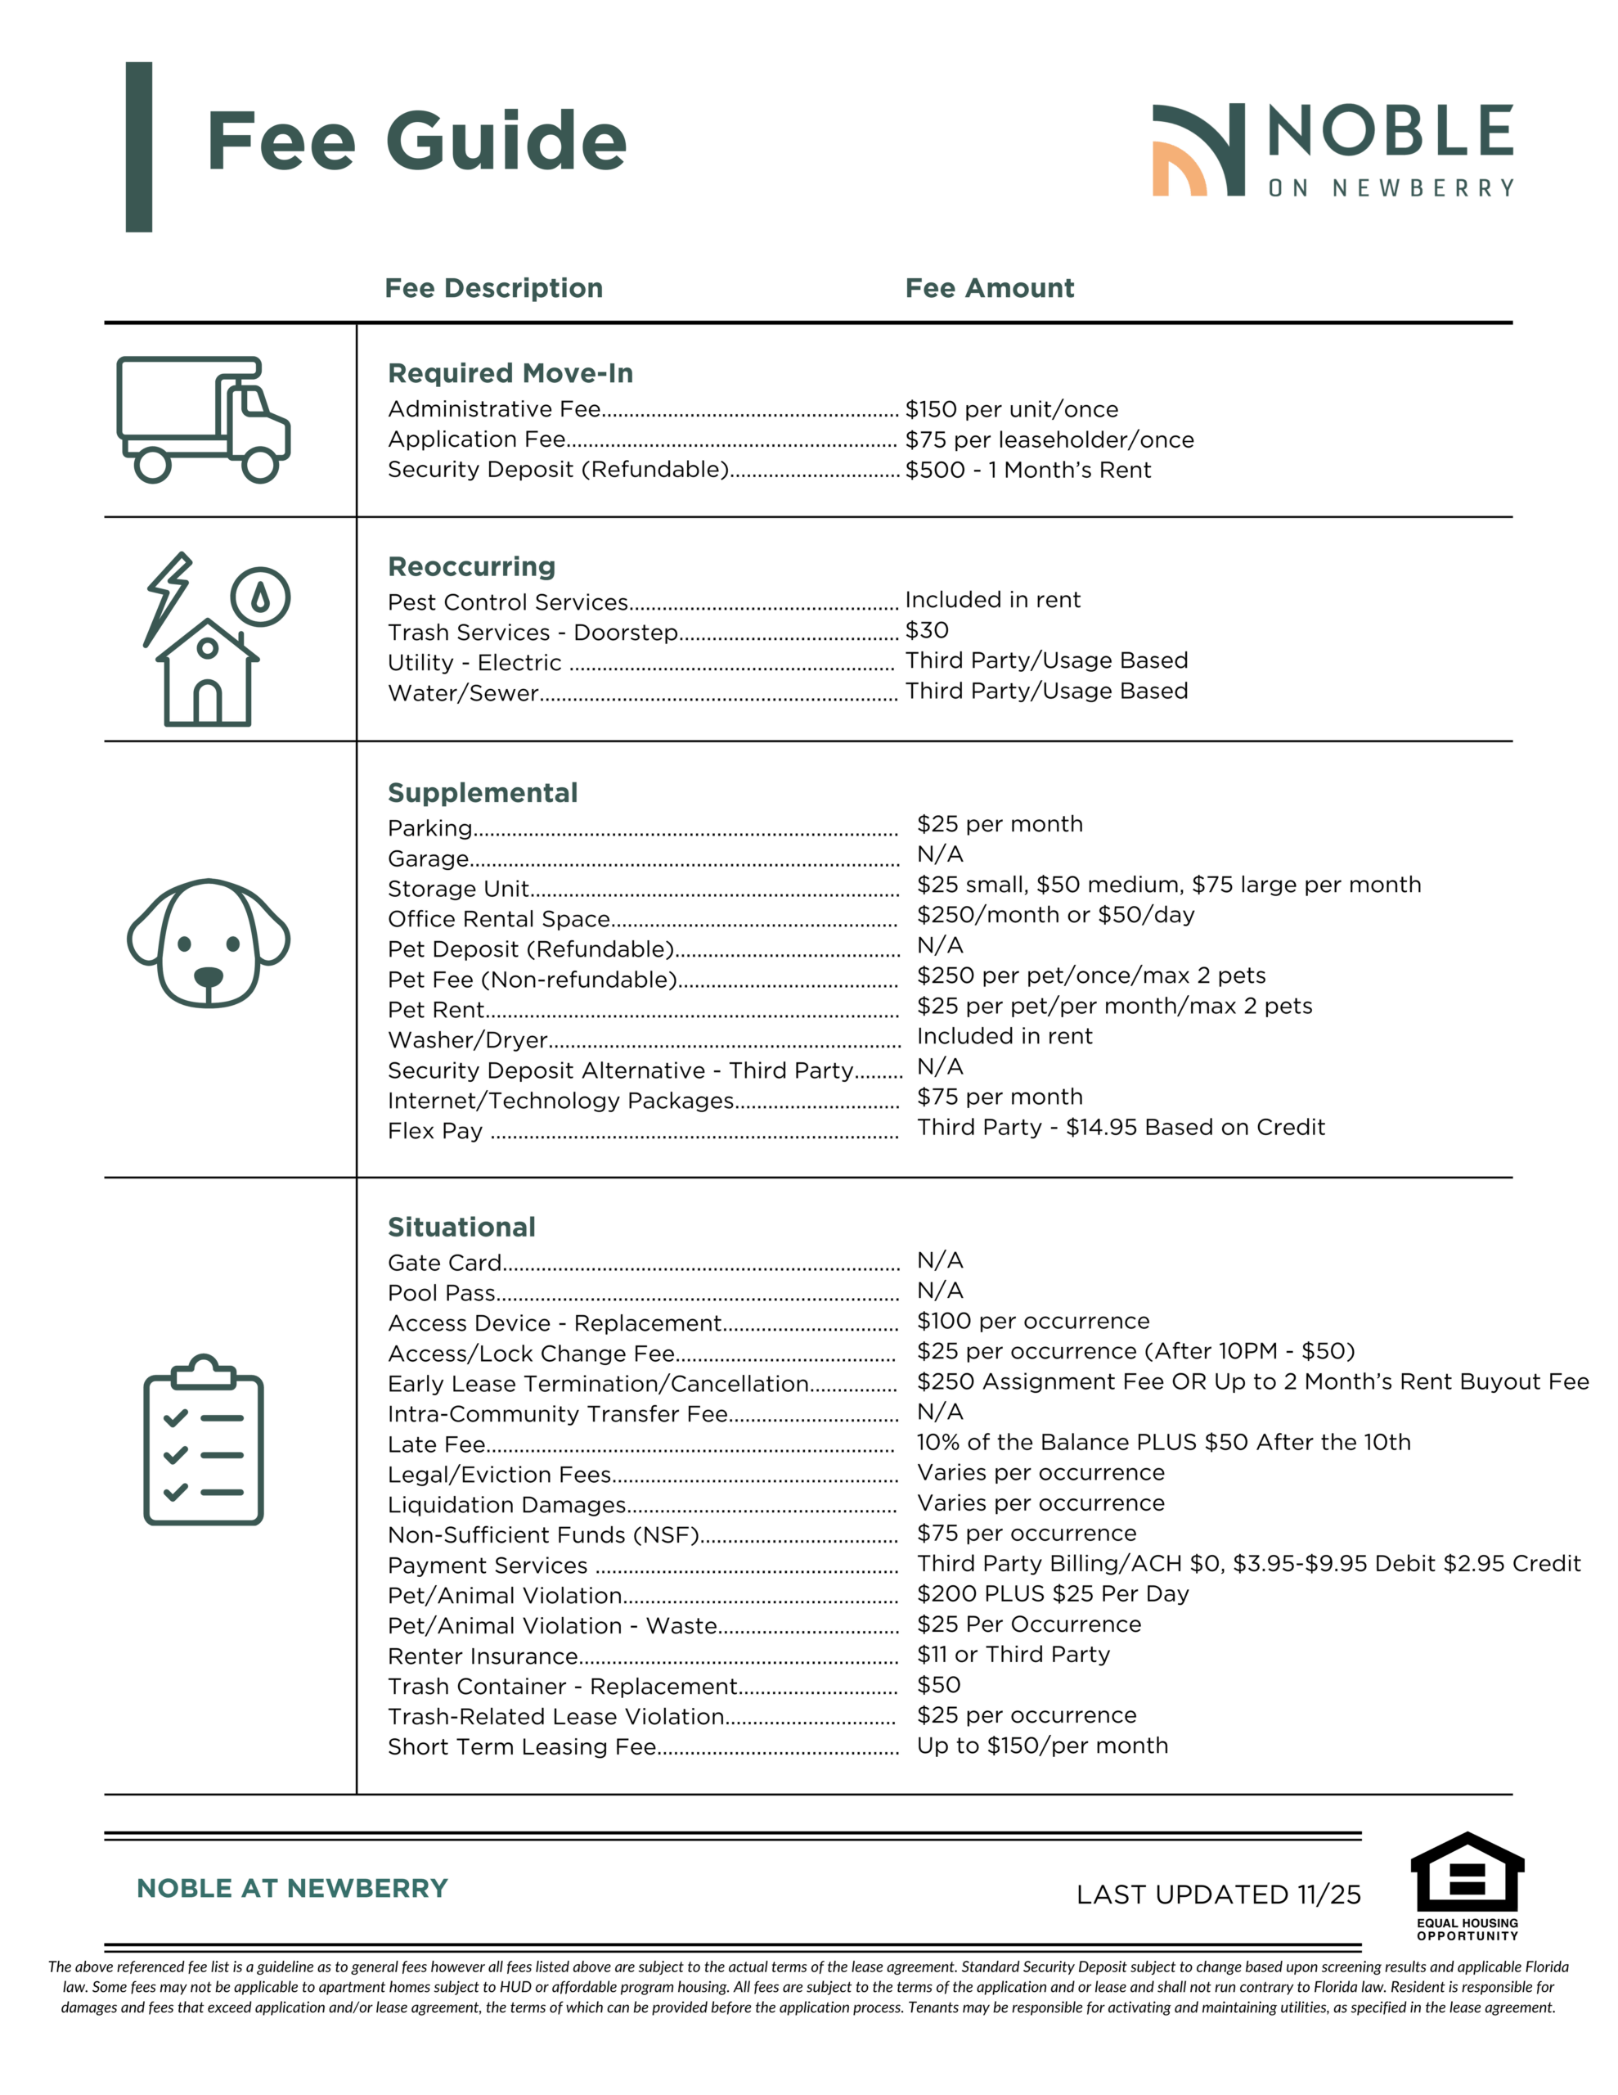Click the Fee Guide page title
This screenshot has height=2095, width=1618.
click(x=416, y=141)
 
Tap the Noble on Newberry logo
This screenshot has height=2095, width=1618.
click(x=1333, y=151)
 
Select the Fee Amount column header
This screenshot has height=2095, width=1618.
click(x=989, y=288)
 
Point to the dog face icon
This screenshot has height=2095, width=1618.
click(x=208, y=943)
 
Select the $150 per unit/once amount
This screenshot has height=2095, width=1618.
click(x=1011, y=410)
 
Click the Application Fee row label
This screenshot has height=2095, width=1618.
click(x=477, y=439)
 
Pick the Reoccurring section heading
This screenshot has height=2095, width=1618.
click(x=471, y=567)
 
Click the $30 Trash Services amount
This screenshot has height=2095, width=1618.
click(x=927, y=630)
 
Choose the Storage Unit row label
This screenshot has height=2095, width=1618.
click(x=458, y=890)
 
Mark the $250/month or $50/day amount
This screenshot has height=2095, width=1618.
click(x=1055, y=915)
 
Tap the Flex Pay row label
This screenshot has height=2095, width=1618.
click(x=434, y=1131)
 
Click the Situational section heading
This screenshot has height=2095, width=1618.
click(x=461, y=1227)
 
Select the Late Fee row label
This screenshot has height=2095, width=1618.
click(x=436, y=1444)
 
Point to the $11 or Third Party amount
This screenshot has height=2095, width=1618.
click(x=1013, y=1654)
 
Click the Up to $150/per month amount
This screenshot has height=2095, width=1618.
click(x=1041, y=1745)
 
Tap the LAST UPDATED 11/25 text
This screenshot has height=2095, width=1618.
click(x=1218, y=1895)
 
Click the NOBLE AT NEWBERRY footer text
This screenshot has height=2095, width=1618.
click(x=291, y=1888)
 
